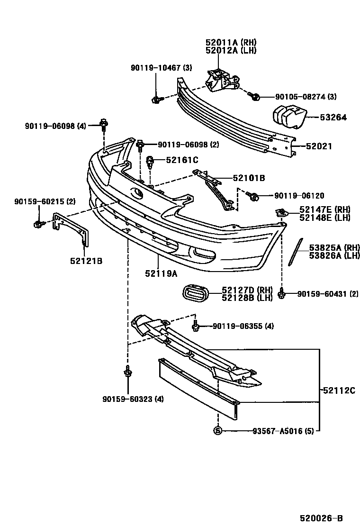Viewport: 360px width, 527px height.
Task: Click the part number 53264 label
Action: pyautogui.click(x=334, y=117)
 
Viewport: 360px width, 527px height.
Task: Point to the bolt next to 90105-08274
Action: pyautogui.click(x=255, y=97)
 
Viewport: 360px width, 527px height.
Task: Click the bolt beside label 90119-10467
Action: pyautogui.click(x=156, y=99)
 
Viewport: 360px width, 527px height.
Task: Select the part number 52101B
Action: pyautogui.click(x=249, y=178)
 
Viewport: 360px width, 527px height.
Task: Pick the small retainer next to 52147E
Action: pyautogui.click(x=280, y=212)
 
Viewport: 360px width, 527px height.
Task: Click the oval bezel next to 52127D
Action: pyautogui.click(x=196, y=294)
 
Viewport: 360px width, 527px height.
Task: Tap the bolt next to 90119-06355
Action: pyautogui.click(x=196, y=326)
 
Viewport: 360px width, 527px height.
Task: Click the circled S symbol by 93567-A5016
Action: pyautogui.click(x=218, y=431)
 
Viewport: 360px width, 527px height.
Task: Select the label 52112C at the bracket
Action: pyautogui.click(x=339, y=391)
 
